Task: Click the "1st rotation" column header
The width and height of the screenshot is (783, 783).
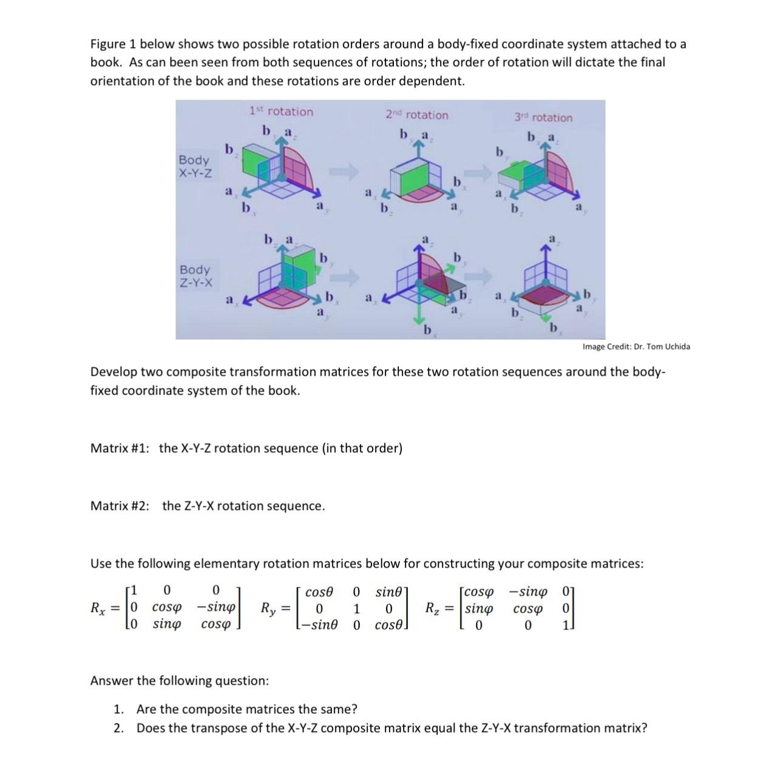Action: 281,112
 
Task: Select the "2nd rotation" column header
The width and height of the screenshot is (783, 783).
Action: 417,115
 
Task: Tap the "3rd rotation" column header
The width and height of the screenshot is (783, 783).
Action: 543,117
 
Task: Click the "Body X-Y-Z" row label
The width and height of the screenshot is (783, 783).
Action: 195,166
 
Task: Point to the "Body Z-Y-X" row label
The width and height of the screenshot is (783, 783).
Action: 195,276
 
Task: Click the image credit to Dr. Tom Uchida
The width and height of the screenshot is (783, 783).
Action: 636,347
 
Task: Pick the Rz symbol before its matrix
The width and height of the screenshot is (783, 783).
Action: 436,608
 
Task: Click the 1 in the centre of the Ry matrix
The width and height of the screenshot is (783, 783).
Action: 357,608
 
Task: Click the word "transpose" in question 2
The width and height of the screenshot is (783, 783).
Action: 234,728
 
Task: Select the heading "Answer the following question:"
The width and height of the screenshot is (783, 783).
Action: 179,680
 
